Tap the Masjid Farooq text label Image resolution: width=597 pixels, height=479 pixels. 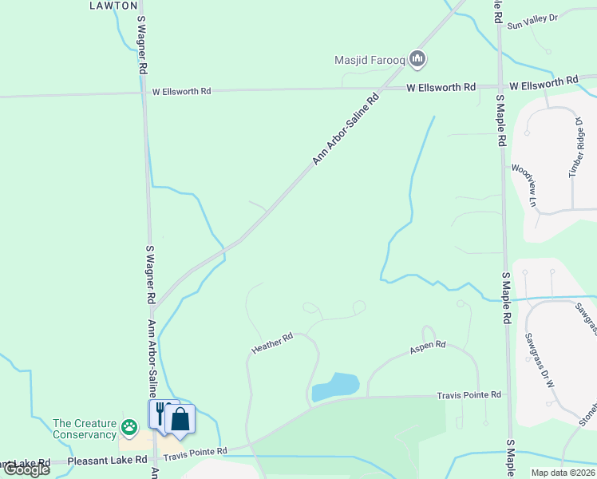point(370,59)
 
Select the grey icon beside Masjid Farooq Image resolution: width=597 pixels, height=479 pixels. point(417,58)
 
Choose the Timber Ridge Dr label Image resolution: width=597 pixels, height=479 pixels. point(575,147)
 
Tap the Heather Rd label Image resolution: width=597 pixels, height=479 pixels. point(272,344)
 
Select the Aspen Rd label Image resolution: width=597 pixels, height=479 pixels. point(427,348)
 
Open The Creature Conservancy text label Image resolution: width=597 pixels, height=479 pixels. point(84,429)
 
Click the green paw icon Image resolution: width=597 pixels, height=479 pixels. point(128,429)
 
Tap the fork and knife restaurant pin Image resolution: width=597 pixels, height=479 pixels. point(160,414)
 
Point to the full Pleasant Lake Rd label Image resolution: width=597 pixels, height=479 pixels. point(108,461)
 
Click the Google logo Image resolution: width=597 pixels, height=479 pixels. point(26,469)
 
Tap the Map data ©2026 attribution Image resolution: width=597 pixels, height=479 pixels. point(563,473)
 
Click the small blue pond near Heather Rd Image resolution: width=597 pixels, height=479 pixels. point(335,387)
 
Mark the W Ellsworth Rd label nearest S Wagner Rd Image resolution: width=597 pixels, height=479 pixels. point(182,92)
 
